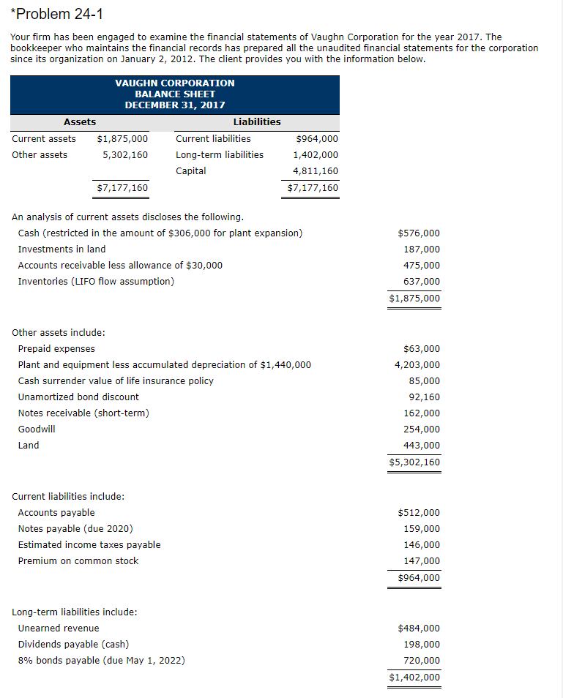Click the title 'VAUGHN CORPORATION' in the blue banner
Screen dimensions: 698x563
(x=175, y=83)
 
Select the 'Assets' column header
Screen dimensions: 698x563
(x=80, y=121)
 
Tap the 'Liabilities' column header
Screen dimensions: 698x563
(x=256, y=121)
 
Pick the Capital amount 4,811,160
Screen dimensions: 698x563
(x=316, y=170)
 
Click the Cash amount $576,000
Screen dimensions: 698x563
(x=419, y=233)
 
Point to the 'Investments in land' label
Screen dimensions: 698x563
(x=61, y=249)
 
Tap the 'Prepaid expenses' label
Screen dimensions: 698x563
(x=56, y=349)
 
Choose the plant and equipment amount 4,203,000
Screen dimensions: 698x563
(x=417, y=365)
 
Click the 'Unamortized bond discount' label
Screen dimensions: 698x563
(x=78, y=397)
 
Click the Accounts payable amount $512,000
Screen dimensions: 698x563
(x=419, y=513)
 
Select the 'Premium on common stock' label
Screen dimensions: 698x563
(x=78, y=561)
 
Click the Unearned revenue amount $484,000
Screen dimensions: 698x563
(x=419, y=628)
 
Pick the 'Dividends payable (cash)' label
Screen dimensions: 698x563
(x=73, y=645)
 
